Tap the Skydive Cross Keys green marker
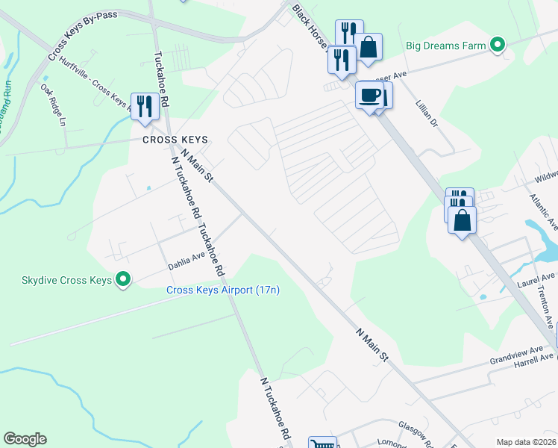(123, 280)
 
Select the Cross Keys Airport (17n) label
(222, 290)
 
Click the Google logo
(25, 439)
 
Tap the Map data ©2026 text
(527, 442)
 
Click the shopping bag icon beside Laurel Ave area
(463, 220)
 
